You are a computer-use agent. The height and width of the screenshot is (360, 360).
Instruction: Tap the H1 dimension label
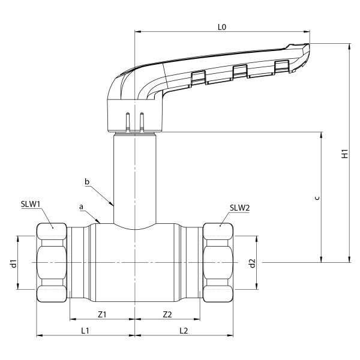click(x=344, y=153)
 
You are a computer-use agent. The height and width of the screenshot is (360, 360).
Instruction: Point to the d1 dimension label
click(x=13, y=263)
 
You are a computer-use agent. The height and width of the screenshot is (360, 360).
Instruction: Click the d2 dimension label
click(x=253, y=263)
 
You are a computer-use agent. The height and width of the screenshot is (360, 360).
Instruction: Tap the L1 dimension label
click(x=85, y=330)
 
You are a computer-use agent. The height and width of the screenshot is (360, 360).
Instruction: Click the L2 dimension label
click(x=184, y=330)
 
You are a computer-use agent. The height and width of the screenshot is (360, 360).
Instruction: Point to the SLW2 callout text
click(x=239, y=208)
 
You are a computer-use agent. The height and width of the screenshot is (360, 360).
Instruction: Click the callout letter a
click(x=81, y=206)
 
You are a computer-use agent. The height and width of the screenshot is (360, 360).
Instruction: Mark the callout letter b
click(x=88, y=181)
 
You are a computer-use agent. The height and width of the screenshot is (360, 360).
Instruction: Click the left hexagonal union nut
click(x=52, y=263)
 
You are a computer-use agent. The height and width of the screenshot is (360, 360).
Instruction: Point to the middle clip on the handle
click(x=240, y=71)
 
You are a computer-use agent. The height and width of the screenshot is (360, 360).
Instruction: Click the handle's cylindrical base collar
click(x=135, y=117)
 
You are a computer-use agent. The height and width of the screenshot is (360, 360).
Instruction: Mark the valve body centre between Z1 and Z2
click(x=135, y=263)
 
